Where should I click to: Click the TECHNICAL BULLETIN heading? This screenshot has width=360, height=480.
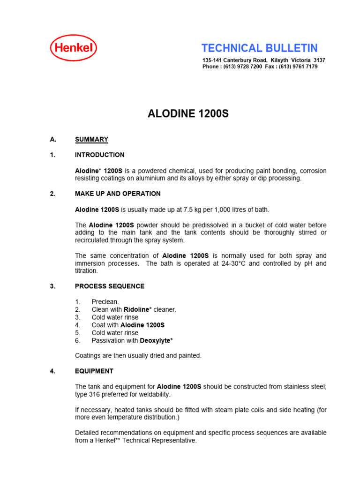pos(259,48)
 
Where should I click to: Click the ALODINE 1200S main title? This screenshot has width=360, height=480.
pos(188,114)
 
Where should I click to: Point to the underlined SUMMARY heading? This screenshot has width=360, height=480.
pos(91,139)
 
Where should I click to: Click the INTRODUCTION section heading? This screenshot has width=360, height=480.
pos(100,155)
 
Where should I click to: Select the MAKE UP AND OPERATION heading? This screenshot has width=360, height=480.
pos(118,194)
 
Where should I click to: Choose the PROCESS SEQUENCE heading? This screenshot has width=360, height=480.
pos(110,286)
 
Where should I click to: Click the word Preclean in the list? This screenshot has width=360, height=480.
pos(105,302)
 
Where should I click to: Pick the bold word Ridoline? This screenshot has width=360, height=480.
pos(137,310)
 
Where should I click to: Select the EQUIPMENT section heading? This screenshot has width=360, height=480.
pos(94,371)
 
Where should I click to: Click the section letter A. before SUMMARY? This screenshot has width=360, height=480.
pos(53,139)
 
